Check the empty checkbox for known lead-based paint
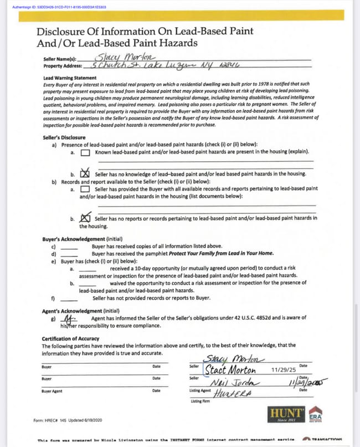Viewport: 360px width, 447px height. pyautogui.click(x=85, y=152)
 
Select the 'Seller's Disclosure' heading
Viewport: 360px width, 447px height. pyautogui.click(x=64, y=137)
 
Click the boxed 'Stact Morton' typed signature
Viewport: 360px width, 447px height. pyautogui.click(x=230, y=369)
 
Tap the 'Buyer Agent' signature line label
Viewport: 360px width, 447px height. pyautogui.click(x=53, y=391)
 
